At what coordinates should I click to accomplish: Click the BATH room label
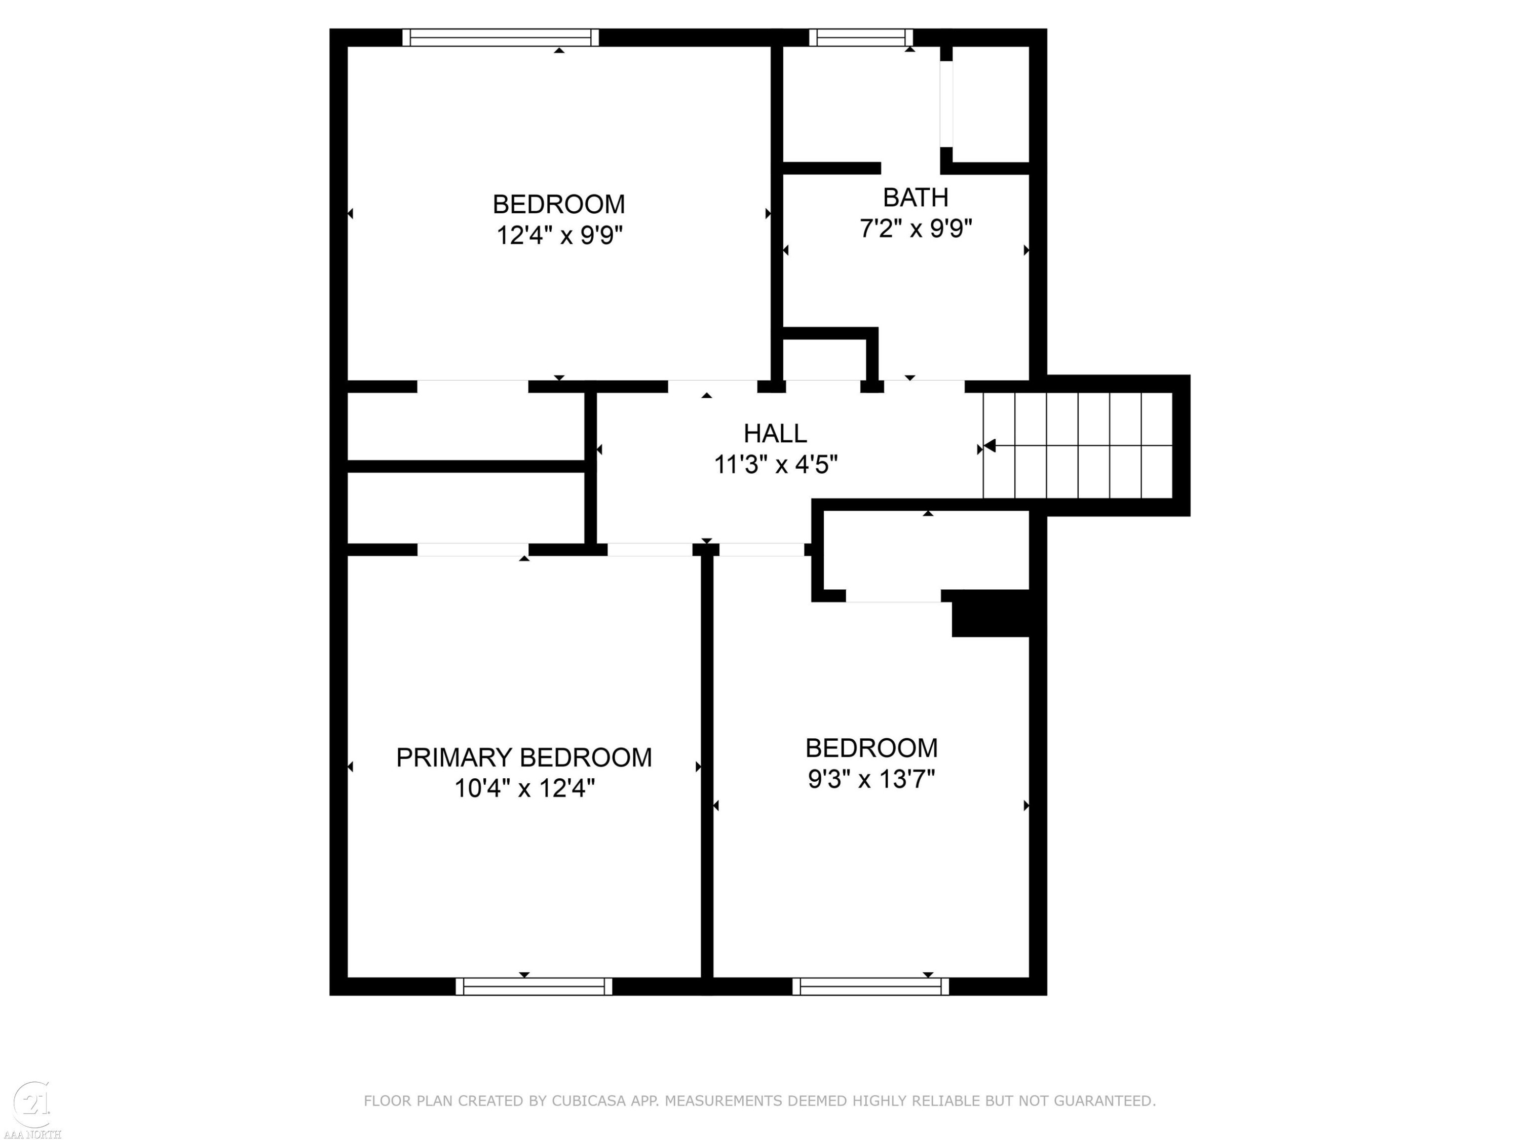[x=916, y=198]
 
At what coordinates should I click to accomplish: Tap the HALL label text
[x=775, y=434]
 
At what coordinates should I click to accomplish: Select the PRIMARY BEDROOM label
[x=523, y=757]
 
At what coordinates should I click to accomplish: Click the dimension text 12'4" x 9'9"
[x=559, y=236]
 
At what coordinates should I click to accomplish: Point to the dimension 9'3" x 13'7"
[x=871, y=779]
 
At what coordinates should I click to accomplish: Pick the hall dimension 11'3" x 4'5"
[x=776, y=465]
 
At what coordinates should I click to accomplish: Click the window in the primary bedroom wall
[x=534, y=986]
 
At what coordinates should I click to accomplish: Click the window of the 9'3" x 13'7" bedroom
[x=870, y=986]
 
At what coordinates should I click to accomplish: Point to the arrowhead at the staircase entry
[x=990, y=446]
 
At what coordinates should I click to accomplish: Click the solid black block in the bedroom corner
[x=990, y=614]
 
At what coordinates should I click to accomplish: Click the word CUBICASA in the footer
[x=589, y=1101]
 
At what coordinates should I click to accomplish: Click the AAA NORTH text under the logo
[x=32, y=1134]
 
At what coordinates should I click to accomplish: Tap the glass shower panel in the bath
[x=946, y=104]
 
